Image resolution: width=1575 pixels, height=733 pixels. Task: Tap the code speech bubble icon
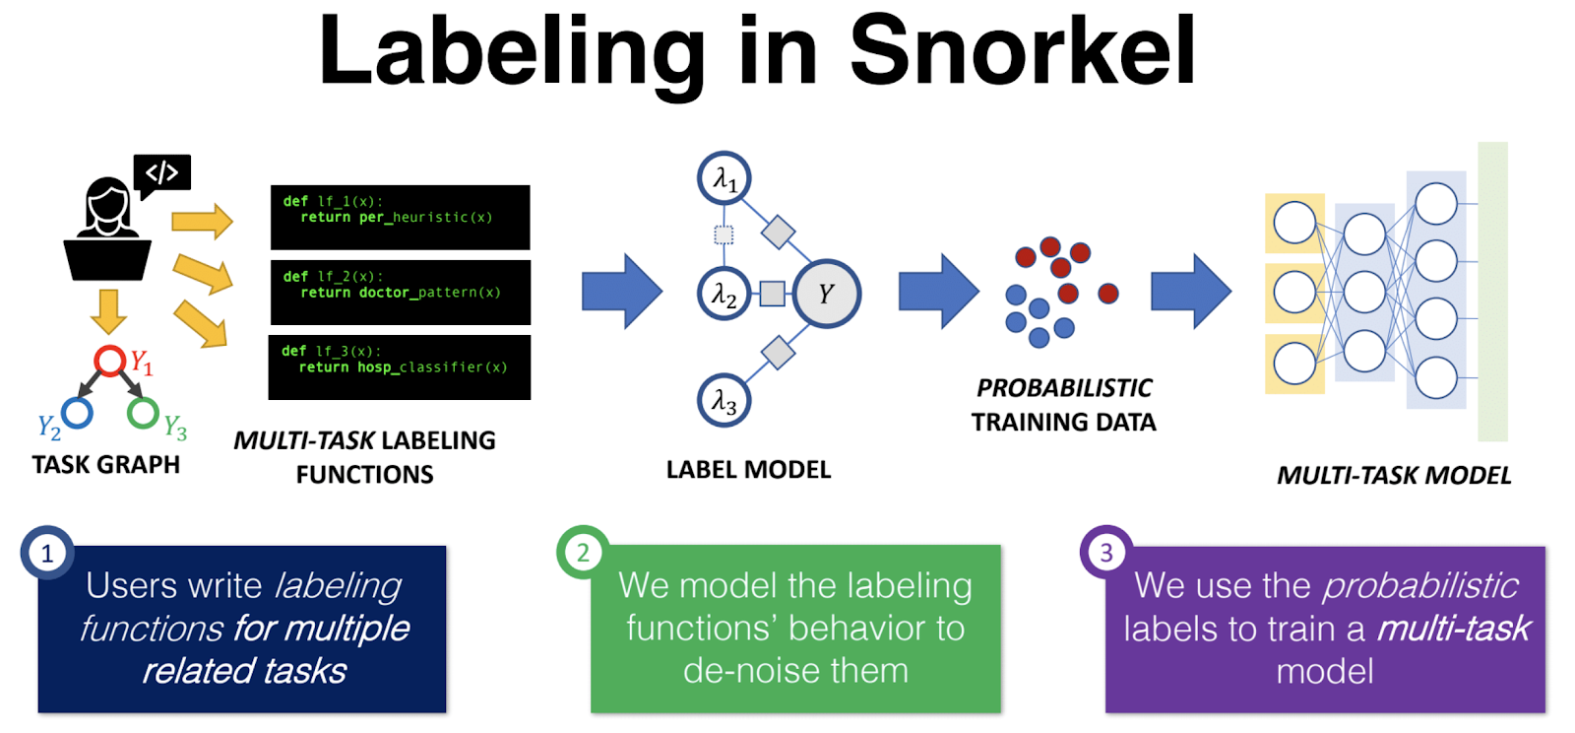[162, 173]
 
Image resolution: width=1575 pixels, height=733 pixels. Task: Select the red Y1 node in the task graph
[109, 361]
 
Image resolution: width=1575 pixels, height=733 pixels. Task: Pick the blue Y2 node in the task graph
[77, 413]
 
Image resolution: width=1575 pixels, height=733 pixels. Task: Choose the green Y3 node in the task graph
[143, 413]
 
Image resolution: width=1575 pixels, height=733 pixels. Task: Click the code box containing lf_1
[400, 217]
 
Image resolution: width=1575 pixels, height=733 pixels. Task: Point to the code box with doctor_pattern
[400, 292]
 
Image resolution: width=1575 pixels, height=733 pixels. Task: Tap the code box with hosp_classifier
[400, 366]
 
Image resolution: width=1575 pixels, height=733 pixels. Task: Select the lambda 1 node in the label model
[724, 178]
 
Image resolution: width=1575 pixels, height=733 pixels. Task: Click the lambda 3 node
[724, 401]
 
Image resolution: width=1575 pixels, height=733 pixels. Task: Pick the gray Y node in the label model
[827, 294]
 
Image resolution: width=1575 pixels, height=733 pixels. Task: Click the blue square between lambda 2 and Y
[773, 294]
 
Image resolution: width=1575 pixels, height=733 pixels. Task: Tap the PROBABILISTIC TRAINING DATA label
[1063, 405]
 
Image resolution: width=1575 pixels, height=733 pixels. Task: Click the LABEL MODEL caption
[748, 470]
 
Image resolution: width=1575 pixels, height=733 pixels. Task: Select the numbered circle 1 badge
[46, 554]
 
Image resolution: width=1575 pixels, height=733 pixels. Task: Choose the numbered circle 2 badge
[583, 553]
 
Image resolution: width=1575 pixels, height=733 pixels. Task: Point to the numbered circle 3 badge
[1106, 553]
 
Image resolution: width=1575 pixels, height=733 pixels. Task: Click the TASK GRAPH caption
[106, 465]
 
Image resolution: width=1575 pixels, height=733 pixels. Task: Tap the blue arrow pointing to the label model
[622, 292]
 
